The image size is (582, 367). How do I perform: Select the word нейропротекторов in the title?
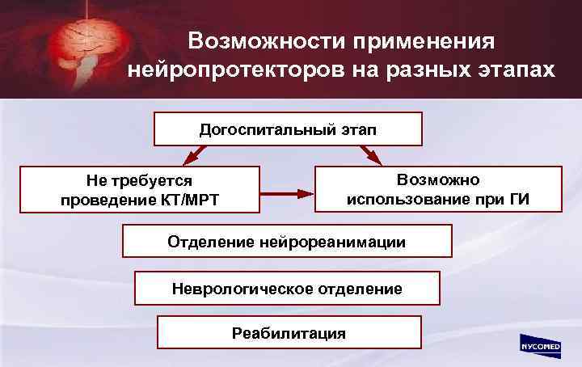[234, 71]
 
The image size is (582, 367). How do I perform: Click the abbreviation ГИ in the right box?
[518, 198]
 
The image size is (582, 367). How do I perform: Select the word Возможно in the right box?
[438, 179]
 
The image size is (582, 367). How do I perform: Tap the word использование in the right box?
[404, 198]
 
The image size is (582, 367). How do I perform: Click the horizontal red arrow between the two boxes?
[286, 194]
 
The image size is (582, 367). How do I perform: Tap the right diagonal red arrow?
[371, 154]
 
